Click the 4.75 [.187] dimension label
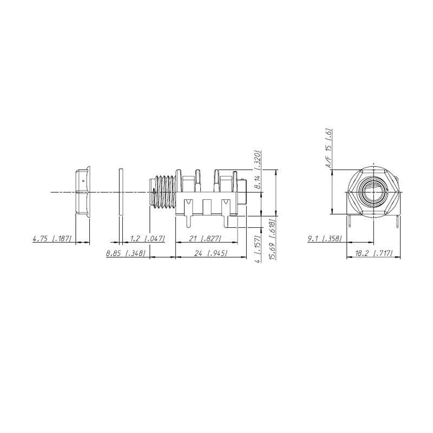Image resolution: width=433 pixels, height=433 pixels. [x=52, y=238]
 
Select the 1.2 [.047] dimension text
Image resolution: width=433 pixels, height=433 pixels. [x=147, y=238]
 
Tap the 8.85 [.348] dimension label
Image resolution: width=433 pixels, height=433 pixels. [x=126, y=253]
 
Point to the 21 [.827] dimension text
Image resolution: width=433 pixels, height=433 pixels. [x=205, y=238]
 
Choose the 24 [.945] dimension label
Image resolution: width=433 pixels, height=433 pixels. [x=211, y=253]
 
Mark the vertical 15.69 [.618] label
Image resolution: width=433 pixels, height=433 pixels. [x=272, y=239]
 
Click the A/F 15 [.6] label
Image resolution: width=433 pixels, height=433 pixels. [x=329, y=148]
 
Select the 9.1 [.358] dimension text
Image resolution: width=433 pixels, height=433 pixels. [x=325, y=238]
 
